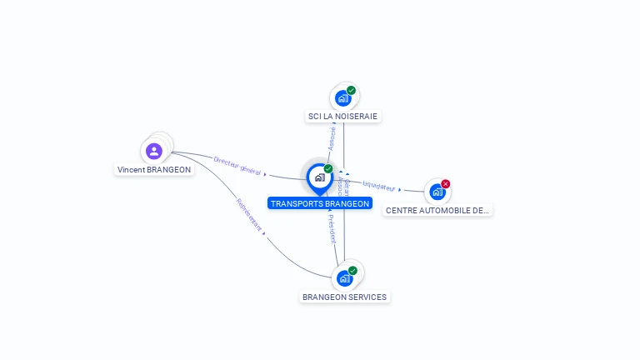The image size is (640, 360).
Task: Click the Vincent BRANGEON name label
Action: pyautogui.click(x=154, y=169)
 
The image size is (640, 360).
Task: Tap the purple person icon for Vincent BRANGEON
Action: pyautogui.click(x=153, y=151)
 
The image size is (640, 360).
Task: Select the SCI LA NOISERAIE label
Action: pyautogui.click(x=343, y=116)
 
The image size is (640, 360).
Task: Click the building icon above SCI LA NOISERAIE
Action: pyautogui.click(x=342, y=98)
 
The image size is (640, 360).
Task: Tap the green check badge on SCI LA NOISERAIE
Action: pyautogui.click(x=351, y=90)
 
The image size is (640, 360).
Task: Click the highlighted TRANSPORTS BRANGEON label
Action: pyautogui.click(x=320, y=203)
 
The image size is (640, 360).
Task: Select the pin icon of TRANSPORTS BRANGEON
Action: pyautogui.click(x=319, y=177)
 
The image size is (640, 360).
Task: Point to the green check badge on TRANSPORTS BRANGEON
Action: pyautogui.click(x=328, y=168)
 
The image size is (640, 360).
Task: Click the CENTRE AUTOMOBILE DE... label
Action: pyautogui.click(x=437, y=211)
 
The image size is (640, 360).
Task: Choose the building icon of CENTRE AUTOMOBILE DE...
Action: pyautogui.click(x=437, y=192)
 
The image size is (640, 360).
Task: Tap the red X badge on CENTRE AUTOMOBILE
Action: pyautogui.click(x=446, y=183)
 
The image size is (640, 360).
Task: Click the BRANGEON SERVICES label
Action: pyautogui.click(x=344, y=297)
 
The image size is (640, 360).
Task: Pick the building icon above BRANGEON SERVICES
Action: pyautogui.click(x=343, y=278)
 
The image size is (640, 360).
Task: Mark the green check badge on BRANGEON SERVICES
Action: pyautogui.click(x=352, y=270)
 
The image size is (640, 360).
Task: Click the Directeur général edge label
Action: pyautogui.click(x=237, y=165)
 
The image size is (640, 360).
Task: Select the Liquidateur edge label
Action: pyautogui.click(x=379, y=186)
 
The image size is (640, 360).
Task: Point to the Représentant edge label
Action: pyautogui.click(x=249, y=214)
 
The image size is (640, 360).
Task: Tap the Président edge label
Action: pyautogui.click(x=332, y=227)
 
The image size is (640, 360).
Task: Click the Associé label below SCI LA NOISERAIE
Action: pyautogui.click(x=332, y=138)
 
